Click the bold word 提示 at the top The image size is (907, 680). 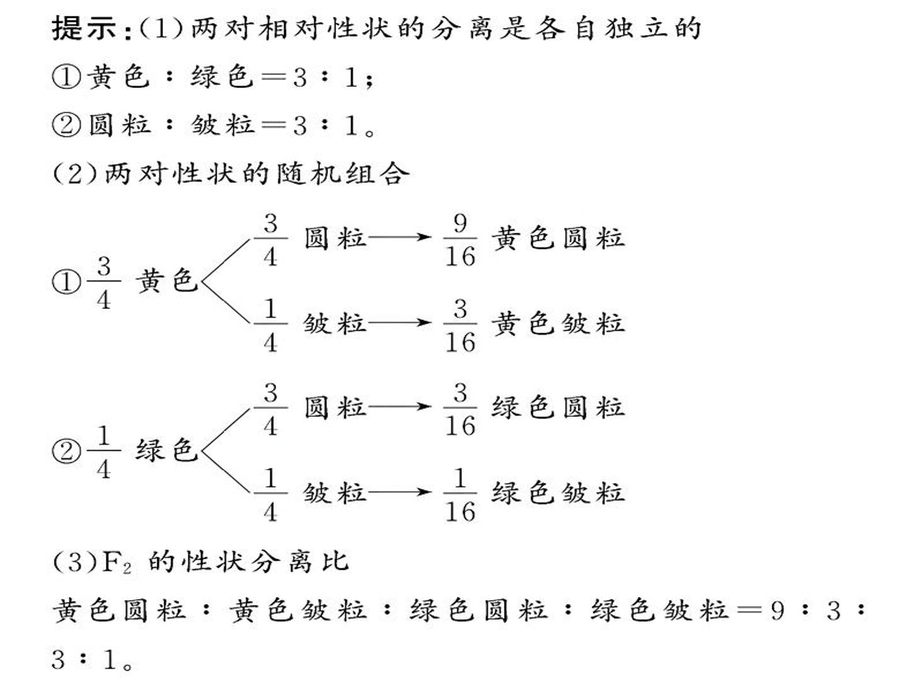point(84,28)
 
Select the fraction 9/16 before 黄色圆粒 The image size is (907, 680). point(460,239)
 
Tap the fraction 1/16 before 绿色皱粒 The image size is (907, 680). point(460,494)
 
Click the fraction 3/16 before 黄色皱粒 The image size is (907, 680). point(460,325)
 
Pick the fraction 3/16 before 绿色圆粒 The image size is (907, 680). point(460,409)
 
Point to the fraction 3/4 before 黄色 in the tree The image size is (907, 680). point(104,283)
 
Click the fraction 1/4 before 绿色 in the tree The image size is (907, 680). point(104,451)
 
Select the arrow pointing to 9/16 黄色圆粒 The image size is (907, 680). point(399,237)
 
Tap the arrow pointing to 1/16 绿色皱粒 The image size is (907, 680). point(399,492)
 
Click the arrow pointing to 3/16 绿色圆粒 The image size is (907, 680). point(399,406)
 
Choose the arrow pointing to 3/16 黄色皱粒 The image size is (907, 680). point(399,322)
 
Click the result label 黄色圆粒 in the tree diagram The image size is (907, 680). point(558,238)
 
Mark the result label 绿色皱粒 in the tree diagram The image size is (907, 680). point(558,493)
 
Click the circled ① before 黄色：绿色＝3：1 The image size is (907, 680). point(66,77)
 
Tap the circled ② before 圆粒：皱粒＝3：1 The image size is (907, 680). point(66,125)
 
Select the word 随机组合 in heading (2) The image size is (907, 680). point(343,173)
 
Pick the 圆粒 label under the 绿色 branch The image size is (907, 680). point(335,407)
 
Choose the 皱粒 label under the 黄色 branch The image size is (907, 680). point(335,324)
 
